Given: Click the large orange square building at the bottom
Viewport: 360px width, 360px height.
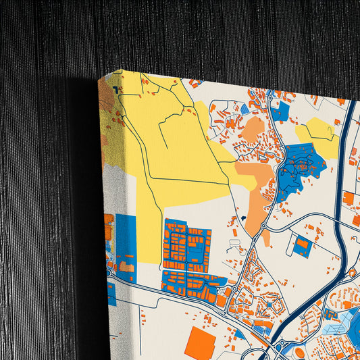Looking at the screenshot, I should pos(200,343).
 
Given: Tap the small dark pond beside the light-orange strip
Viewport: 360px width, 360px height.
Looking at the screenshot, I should pos(241,219).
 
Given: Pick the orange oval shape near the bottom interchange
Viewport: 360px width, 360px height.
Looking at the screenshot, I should pos(299,351).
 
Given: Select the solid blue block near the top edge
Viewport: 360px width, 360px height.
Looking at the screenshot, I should pos(280,112).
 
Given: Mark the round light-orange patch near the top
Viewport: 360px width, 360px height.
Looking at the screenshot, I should pos(253,128).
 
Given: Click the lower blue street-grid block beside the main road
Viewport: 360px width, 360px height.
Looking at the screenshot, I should pos(192,283).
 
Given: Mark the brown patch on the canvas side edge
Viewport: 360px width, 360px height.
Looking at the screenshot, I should pos(106,98).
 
